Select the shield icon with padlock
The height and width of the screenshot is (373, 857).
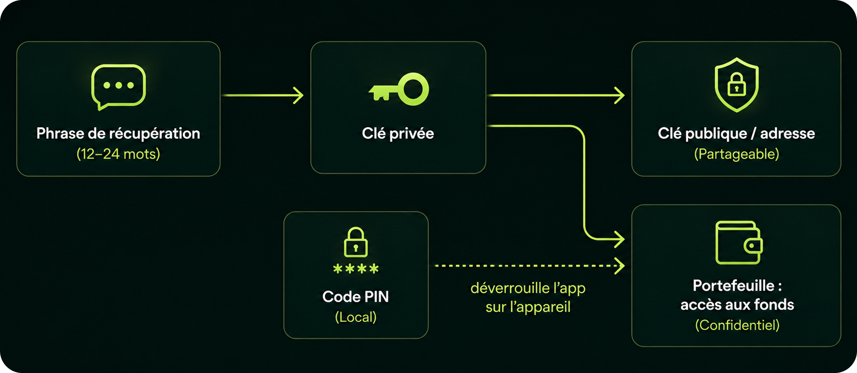(737, 85)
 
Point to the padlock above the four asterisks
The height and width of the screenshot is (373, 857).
(356, 242)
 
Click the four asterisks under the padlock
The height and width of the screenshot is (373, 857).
(356, 268)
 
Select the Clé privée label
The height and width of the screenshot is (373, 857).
(398, 133)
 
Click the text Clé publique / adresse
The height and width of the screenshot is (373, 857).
(736, 133)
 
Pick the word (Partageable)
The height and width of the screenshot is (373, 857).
(737, 154)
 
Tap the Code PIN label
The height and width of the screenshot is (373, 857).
(356, 297)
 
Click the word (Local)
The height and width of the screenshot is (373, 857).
(356, 317)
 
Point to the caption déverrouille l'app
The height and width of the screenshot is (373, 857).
(528, 288)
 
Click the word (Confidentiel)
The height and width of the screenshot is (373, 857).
(737, 325)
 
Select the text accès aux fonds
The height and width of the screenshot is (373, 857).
(737, 304)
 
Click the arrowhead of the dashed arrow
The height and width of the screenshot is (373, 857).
(619, 266)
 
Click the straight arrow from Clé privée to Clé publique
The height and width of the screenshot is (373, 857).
(556, 95)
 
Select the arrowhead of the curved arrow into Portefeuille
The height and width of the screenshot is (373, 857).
(619, 239)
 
